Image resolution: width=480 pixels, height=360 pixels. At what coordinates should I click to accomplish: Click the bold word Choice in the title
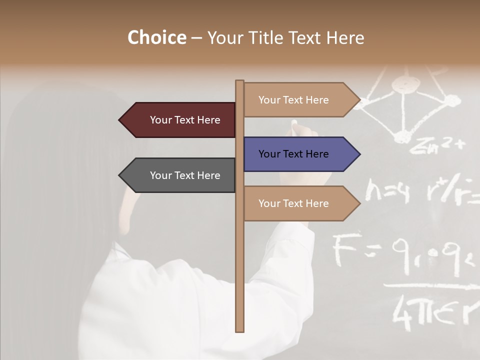coord(156,38)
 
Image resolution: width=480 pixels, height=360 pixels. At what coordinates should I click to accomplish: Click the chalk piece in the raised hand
coord(294,122)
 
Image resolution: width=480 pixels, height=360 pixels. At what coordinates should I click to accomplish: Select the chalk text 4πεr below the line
coord(430,313)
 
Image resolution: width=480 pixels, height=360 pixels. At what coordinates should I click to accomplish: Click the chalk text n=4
coord(387,191)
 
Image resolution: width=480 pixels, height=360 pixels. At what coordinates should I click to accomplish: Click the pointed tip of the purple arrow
coord(359,154)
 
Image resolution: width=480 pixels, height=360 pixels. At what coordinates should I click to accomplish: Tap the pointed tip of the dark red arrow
coord(120,120)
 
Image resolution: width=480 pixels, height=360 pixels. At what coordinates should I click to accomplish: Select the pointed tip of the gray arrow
coord(120,175)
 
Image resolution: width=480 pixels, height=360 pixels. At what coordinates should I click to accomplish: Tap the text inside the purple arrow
coord(293,154)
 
